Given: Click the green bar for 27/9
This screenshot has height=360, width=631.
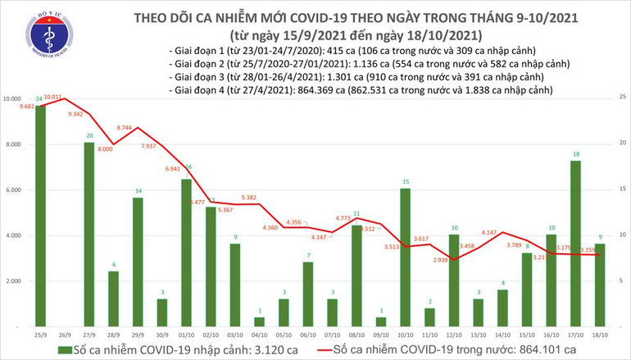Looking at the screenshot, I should coord(89,234).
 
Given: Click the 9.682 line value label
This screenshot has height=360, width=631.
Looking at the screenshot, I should coord(20,106).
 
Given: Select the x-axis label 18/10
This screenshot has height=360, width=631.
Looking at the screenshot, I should coord(601,334).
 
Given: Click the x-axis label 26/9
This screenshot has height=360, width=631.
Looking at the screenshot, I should coord(65,334).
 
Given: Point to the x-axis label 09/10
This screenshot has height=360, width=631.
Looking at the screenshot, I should coord(381,334).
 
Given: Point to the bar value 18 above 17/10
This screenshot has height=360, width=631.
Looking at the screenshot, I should coord(576,154).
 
